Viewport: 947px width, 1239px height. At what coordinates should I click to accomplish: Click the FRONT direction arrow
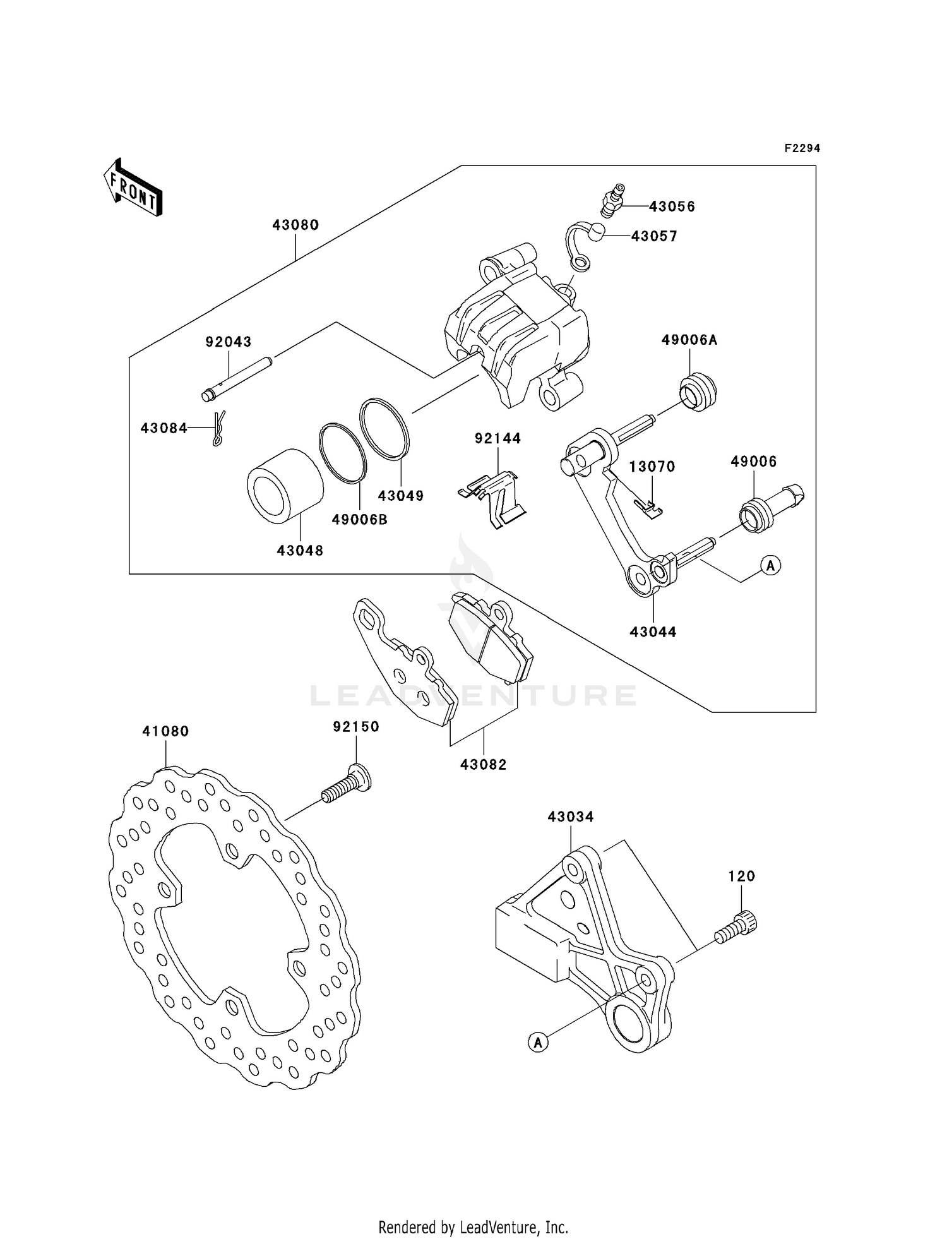click(x=133, y=188)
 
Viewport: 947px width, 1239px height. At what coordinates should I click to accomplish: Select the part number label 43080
click(x=295, y=225)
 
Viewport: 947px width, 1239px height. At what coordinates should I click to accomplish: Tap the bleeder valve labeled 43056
click(x=612, y=200)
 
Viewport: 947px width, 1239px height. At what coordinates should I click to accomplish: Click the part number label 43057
click(x=654, y=236)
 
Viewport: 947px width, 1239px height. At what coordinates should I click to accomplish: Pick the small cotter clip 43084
click(x=218, y=429)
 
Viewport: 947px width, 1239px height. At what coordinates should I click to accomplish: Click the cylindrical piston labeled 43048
click(x=284, y=486)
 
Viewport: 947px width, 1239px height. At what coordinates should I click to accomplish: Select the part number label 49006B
click(x=359, y=520)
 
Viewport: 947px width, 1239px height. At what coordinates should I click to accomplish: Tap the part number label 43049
click(x=401, y=496)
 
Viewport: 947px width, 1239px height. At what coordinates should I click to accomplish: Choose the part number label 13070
click(x=652, y=467)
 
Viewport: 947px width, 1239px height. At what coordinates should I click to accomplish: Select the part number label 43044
click(x=653, y=631)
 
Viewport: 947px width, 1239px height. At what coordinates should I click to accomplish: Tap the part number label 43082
click(x=483, y=765)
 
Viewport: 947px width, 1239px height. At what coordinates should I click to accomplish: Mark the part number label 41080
click(x=165, y=731)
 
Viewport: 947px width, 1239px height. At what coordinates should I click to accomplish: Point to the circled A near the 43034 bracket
click(x=538, y=1042)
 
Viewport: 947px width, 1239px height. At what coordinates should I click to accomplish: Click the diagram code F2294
click(x=802, y=148)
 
